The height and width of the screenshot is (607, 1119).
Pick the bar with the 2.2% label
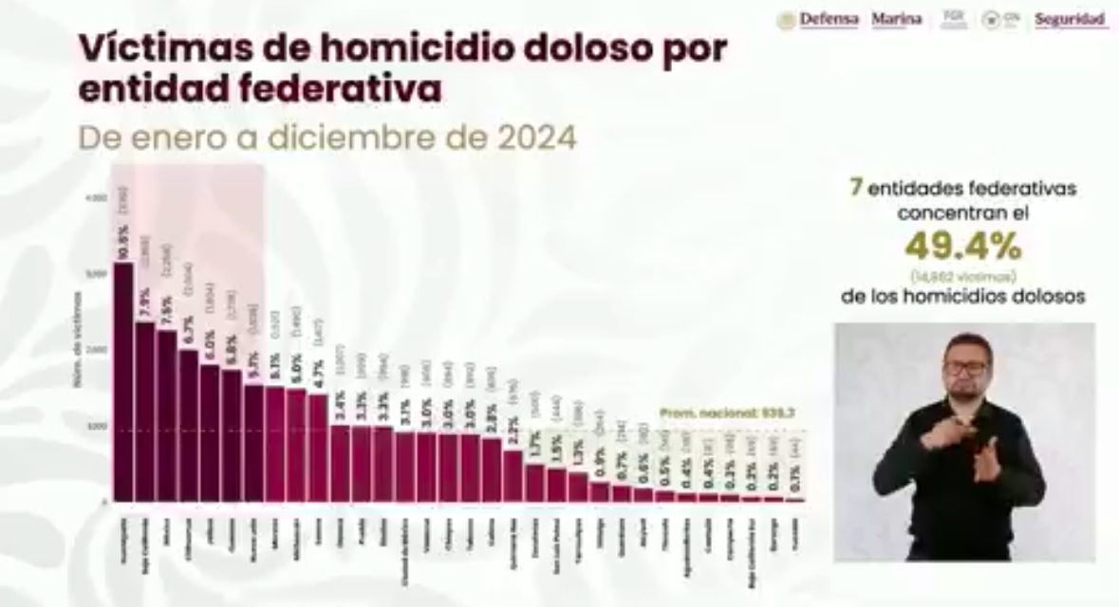point(512,475)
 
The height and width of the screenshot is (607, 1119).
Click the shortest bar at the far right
point(794,499)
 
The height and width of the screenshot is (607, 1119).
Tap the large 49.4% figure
point(962,248)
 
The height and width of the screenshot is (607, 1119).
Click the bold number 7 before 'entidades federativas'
point(856,188)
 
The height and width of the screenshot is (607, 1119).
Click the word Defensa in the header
point(829,19)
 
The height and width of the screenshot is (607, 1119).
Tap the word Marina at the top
point(896,19)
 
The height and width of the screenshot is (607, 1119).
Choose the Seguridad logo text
point(1070,19)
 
